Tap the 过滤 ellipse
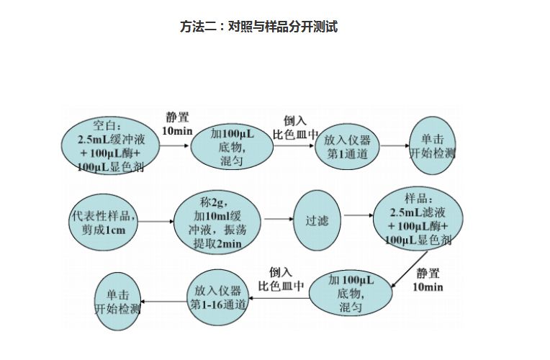[x=317, y=220]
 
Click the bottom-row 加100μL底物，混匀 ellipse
[x=351, y=294]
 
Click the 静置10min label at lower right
[x=428, y=280]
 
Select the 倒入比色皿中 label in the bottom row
[x=281, y=279]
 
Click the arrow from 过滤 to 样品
[x=357, y=215]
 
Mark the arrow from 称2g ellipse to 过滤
[x=278, y=217]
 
